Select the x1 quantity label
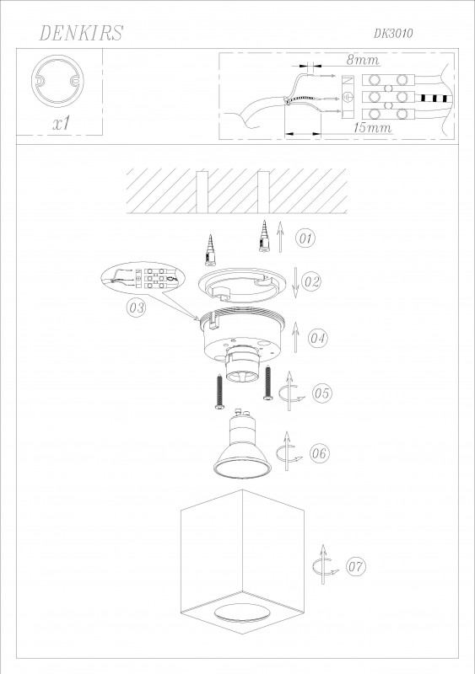click(x=60, y=123)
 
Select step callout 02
click(x=312, y=281)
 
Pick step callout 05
click(x=321, y=393)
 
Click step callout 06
click(x=319, y=453)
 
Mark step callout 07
click(x=355, y=567)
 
